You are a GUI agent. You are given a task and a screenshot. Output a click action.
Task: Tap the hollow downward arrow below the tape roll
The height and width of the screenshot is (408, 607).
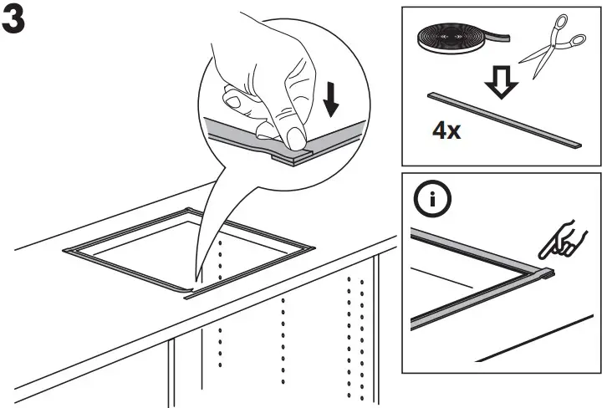(502, 80)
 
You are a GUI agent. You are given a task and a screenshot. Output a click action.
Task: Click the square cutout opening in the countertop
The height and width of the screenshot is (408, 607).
(188, 247)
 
